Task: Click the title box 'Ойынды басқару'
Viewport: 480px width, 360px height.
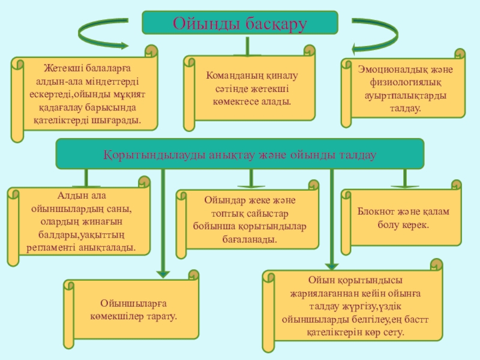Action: point(240,23)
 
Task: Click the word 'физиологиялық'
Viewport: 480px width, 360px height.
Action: point(406,82)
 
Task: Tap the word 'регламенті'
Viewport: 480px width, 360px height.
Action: point(50,247)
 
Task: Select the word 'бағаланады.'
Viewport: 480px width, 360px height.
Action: point(250,239)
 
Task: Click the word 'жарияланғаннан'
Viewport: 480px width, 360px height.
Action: point(324,293)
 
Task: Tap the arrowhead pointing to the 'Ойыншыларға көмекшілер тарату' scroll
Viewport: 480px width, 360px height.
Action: point(163,274)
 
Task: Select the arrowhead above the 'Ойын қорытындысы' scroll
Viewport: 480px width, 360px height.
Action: point(332,266)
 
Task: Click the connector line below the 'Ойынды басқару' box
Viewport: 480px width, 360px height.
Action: point(247,46)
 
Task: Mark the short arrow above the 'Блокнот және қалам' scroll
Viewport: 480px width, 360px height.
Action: point(405,178)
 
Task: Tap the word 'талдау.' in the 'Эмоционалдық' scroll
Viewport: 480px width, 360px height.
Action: point(406,109)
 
